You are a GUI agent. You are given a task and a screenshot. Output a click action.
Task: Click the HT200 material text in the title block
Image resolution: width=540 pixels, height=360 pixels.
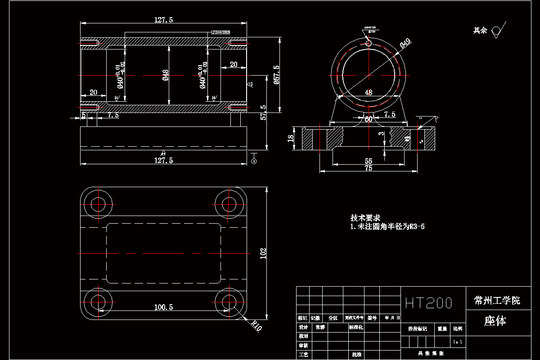(x=428, y=303)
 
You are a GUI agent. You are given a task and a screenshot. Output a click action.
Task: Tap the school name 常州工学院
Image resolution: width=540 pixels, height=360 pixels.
(x=497, y=301)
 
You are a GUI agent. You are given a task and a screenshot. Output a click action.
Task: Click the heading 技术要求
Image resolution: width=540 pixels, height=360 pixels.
(x=365, y=218)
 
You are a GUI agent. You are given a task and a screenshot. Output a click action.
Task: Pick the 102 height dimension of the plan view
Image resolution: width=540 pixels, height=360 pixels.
(x=263, y=253)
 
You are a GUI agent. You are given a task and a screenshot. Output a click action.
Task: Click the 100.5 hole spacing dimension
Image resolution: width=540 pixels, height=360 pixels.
(x=163, y=307)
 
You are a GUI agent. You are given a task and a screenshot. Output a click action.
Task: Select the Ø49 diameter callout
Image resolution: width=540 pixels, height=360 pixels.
(x=405, y=43)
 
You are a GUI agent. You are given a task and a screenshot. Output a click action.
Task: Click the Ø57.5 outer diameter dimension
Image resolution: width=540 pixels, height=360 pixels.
(x=276, y=75)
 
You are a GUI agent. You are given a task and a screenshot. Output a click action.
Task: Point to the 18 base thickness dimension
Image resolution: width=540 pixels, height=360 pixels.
(x=291, y=138)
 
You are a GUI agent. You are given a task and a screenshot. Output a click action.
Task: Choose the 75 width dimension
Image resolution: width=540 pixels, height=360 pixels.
(x=368, y=168)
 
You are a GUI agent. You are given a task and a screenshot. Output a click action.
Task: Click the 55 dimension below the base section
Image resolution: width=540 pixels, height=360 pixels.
(x=368, y=161)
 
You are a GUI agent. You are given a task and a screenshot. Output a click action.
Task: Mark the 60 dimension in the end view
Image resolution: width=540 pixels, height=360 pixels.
(x=369, y=119)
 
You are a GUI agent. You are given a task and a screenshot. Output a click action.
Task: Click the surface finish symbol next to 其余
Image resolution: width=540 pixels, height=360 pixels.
(x=497, y=30)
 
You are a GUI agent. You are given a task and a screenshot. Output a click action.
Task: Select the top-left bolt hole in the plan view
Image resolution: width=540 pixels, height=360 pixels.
(x=98, y=204)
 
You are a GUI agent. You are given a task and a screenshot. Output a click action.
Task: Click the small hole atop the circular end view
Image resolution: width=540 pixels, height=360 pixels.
(x=369, y=43)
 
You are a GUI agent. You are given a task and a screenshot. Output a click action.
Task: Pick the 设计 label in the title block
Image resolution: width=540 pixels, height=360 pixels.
(x=303, y=327)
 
